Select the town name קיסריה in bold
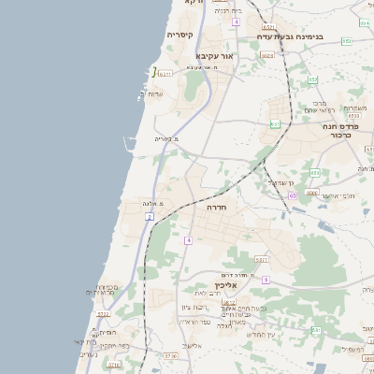tap(180, 36)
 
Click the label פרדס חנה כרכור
tap(340, 130)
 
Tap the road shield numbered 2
tap(150, 217)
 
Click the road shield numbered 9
tap(266, 280)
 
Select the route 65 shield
tap(292, 195)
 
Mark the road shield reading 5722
tap(103, 315)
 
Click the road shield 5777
tap(261, 260)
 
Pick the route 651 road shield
tap(275, 123)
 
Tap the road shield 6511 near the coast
tap(165, 73)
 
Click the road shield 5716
tap(113, 366)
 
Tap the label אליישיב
tap(192, 346)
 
